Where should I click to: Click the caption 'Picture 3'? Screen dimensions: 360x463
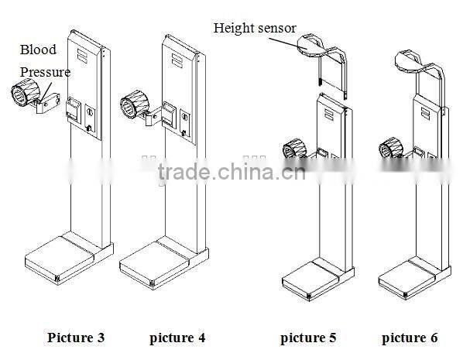75,338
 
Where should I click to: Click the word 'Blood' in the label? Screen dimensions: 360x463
39,50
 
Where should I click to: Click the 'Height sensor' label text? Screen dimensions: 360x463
255,29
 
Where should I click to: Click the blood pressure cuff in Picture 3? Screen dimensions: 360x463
24,99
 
